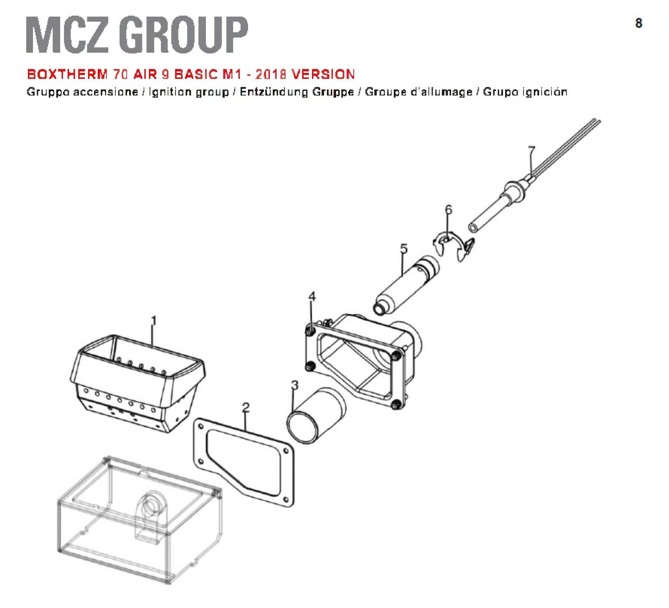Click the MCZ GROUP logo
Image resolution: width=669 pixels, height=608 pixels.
tap(137, 35)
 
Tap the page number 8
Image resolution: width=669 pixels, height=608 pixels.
tap(638, 23)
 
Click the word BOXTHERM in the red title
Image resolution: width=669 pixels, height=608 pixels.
tap(67, 74)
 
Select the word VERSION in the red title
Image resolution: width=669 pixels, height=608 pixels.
tap(323, 74)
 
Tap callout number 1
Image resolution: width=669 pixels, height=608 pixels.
tap(153, 321)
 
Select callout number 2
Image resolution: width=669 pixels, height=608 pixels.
tap(245, 407)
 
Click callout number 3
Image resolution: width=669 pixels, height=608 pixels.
tap(295, 386)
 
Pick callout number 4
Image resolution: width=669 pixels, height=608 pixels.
tap(312, 296)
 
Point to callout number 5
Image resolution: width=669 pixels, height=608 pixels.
tap(403, 249)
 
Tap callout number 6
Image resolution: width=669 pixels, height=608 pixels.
tap(448, 210)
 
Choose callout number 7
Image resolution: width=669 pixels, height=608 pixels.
tap(531, 150)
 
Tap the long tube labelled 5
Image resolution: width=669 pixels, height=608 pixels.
tap(406, 286)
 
